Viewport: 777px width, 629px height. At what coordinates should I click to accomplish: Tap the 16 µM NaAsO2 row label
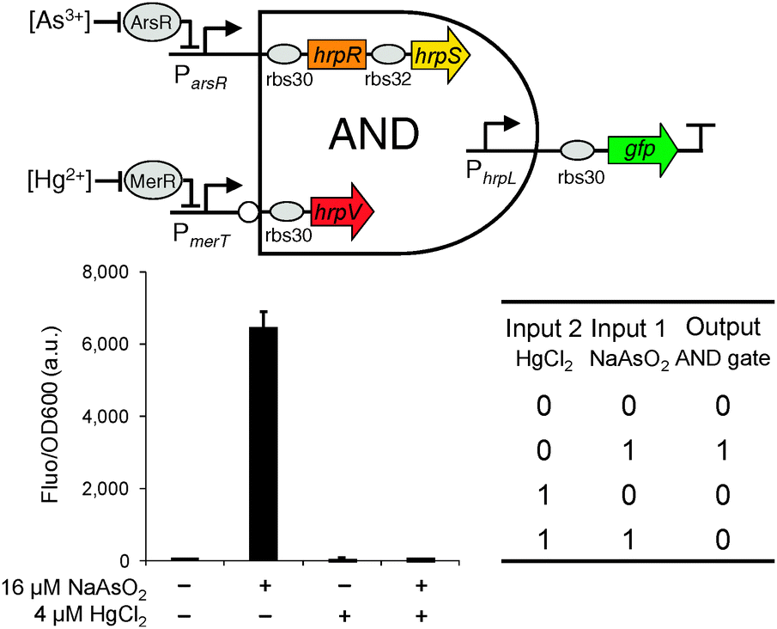(x=75, y=589)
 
